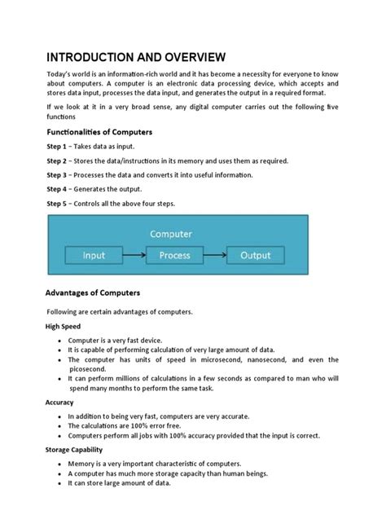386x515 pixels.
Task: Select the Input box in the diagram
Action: (94, 256)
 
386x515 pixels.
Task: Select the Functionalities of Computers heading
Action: (99, 132)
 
